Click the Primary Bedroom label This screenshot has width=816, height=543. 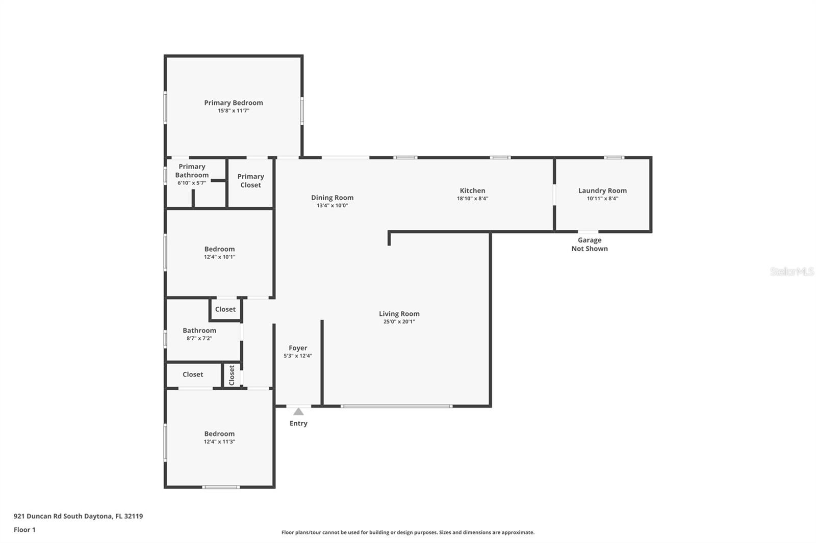click(x=233, y=103)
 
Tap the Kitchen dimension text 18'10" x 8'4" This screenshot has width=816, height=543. click(x=472, y=199)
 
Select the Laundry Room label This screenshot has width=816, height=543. click(x=602, y=191)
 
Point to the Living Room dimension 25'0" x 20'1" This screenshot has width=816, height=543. click(x=399, y=322)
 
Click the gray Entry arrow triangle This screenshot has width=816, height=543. click(x=298, y=412)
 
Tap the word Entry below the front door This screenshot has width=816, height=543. click(x=298, y=423)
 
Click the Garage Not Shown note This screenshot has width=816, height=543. click(x=590, y=244)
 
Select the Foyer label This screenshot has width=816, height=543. click(x=298, y=348)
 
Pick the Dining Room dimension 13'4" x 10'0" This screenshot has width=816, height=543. click(x=332, y=206)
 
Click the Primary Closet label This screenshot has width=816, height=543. click(x=250, y=181)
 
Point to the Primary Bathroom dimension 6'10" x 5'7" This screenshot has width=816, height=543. click(x=192, y=183)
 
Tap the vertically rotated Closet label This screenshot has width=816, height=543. click(x=232, y=375)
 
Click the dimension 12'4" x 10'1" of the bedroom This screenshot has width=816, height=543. click(x=219, y=257)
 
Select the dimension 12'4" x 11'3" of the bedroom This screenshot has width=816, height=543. click(x=219, y=442)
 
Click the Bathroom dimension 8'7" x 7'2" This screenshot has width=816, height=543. click(x=199, y=338)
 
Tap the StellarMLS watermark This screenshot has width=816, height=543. click(x=792, y=271)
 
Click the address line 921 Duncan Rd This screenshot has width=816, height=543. click(x=79, y=516)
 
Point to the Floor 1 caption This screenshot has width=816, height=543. click(x=24, y=530)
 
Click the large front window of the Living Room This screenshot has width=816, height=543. click(x=397, y=406)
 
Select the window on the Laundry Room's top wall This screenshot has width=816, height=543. click(x=614, y=157)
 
